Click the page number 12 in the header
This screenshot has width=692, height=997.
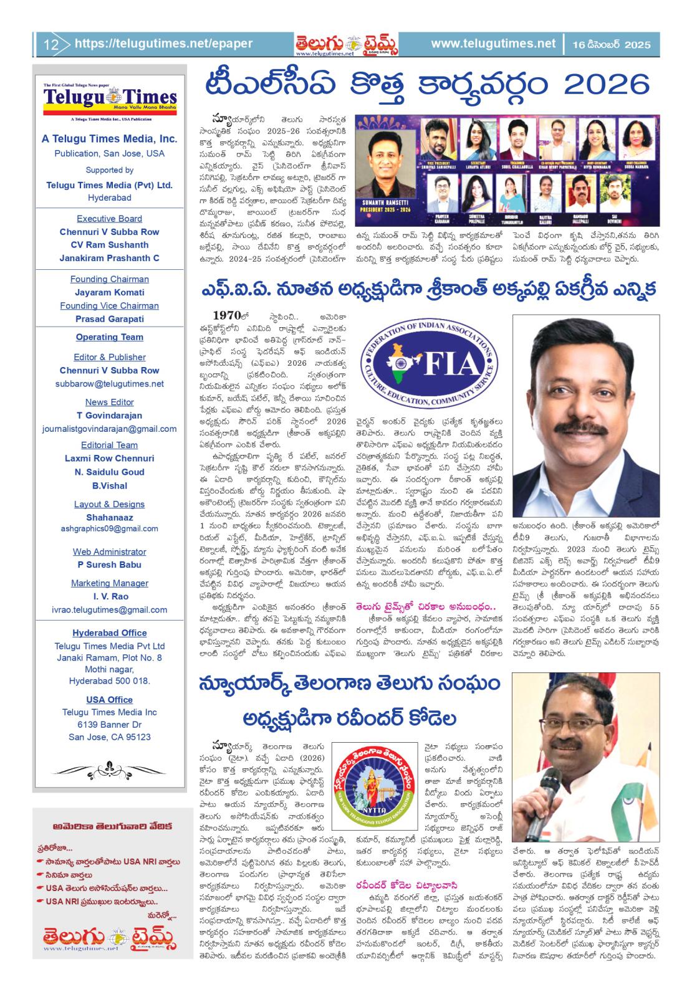click(x=50, y=44)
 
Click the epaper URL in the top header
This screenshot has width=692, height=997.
click(x=163, y=44)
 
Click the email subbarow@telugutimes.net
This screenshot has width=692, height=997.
click(x=109, y=384)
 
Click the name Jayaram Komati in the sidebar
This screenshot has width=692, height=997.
click(x=109, y=292)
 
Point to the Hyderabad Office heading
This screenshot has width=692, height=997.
click(x=109, y=633)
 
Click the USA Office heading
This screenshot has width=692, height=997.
click(x=109, y=699)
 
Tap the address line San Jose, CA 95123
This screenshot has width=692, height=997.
click(x=109, y=737)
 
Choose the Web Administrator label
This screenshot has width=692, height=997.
click(x=109, y=551)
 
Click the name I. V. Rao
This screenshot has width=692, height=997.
click(x=109, y=596)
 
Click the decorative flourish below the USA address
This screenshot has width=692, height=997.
click(x=109, y=768)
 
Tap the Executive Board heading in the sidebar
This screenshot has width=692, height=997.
click(x=109, y=219)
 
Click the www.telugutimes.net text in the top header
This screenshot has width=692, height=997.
click(x=493, y=44)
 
